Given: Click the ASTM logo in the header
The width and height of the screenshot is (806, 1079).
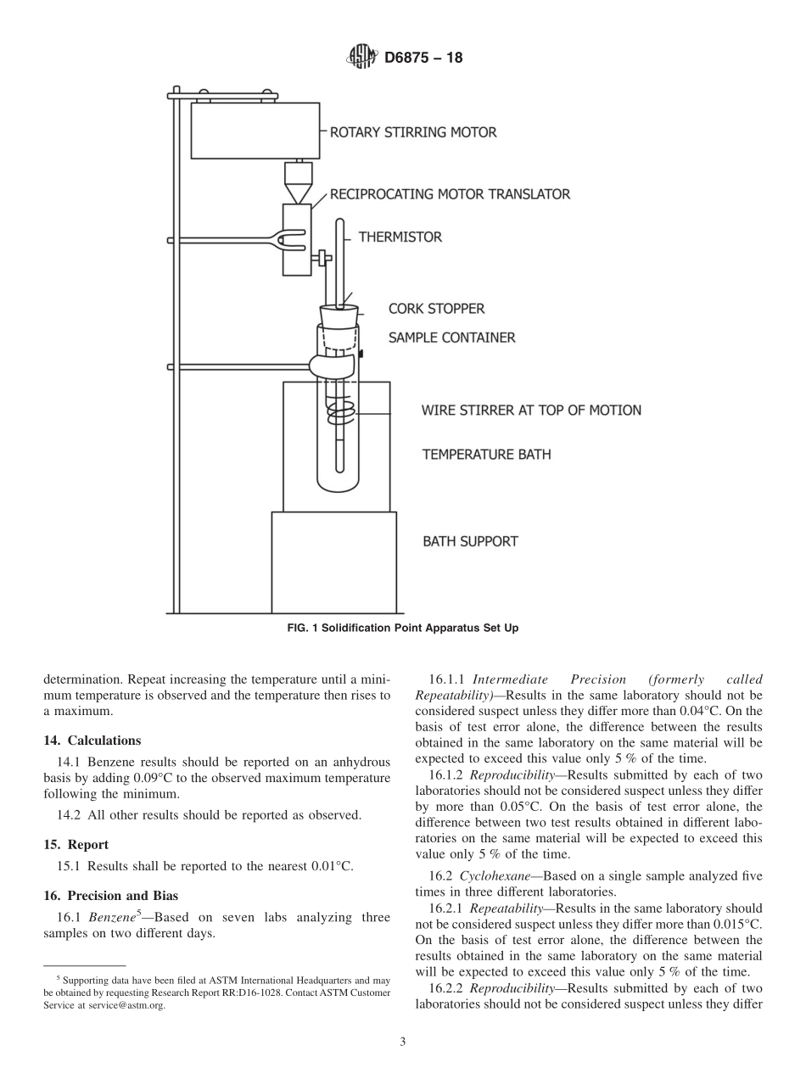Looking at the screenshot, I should click(361, 58).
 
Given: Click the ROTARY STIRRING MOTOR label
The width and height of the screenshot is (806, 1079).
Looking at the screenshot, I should click(413, 132).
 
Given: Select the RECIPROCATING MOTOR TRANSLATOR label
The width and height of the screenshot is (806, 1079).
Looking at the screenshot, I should click(450, 194).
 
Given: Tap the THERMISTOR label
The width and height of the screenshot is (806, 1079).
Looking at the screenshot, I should click(400, 238).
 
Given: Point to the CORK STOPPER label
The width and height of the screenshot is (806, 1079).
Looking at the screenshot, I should click(436, 309).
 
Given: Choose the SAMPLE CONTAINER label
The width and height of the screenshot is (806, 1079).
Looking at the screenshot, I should click(451, 338).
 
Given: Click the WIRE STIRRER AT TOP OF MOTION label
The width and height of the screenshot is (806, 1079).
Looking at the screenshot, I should click(531, 411).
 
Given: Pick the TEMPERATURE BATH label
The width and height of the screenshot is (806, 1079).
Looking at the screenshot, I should click(486, 455).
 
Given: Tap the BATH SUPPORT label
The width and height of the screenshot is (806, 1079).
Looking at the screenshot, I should click(470, 541).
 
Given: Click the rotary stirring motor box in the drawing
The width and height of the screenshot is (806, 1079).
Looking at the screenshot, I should click(255, 131).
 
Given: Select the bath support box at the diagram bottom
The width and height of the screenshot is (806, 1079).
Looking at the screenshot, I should click(333, 562).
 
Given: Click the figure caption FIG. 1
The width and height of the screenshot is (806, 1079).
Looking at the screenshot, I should click(402, 629).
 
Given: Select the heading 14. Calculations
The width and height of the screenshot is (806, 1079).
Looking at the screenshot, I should click(92, 741).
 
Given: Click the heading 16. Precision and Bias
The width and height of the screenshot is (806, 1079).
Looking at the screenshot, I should click(110, 895).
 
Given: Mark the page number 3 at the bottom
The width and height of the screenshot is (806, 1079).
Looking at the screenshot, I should click(403, 1043).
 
